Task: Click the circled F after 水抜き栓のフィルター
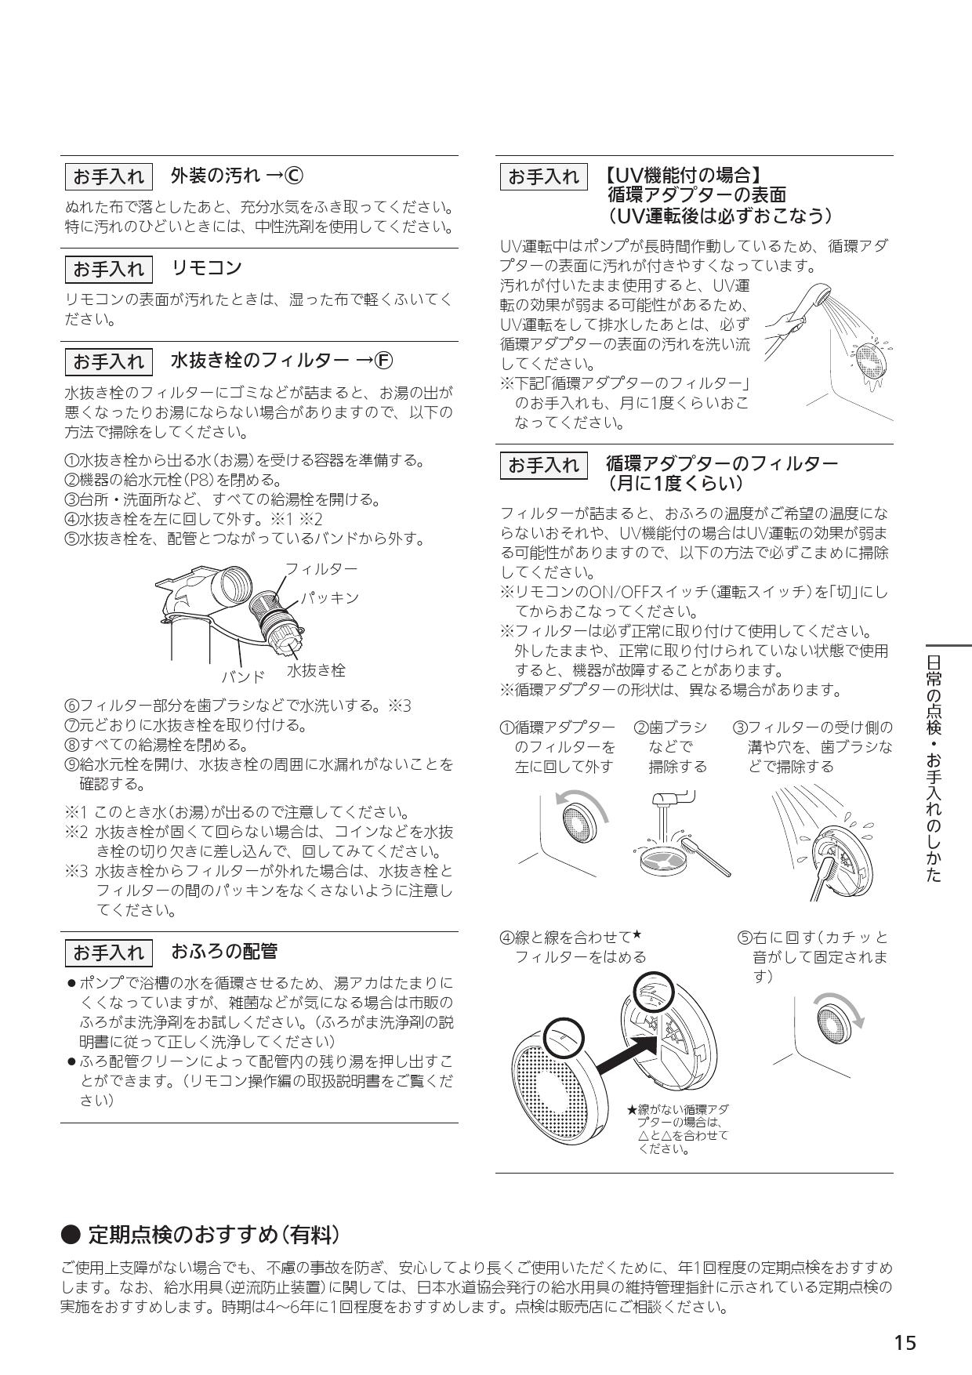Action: click(383, 361)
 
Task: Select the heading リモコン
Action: click(207, 268)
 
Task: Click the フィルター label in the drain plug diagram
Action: click(321, 568)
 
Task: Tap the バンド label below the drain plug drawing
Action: click(242, 676)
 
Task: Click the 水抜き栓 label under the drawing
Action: click(315, 670)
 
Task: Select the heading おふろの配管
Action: click(224, 952)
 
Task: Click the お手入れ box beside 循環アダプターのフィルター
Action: click(543, 466)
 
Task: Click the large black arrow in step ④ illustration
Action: click(626, 1052)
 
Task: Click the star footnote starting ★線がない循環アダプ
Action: click(679, 1130)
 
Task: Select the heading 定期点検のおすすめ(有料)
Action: click(213, 1235)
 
